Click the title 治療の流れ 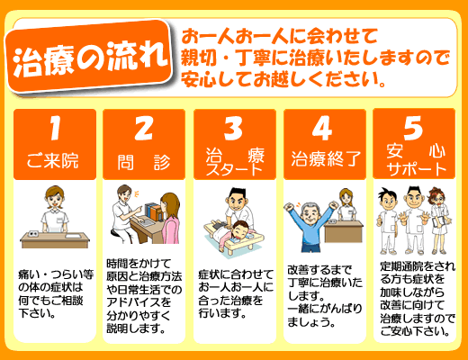tap(90, 58)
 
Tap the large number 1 tap(55, 128)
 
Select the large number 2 tap(143, 128)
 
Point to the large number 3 tap(233, 128)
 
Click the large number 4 tap(322, 128)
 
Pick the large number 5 tap(413, 128)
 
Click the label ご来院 tap(53, 160)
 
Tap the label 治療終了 tap(326, 158)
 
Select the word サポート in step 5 tap(416, 169)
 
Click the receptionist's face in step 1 tap(54, 199)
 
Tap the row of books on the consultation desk tap(154, 211)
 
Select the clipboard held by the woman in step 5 tap(437, 222)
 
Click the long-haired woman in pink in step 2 tap(170, 218)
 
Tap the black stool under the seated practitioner tap(118, 235)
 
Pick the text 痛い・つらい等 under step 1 tap(56, 274)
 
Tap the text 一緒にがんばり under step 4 tap(325, 309)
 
